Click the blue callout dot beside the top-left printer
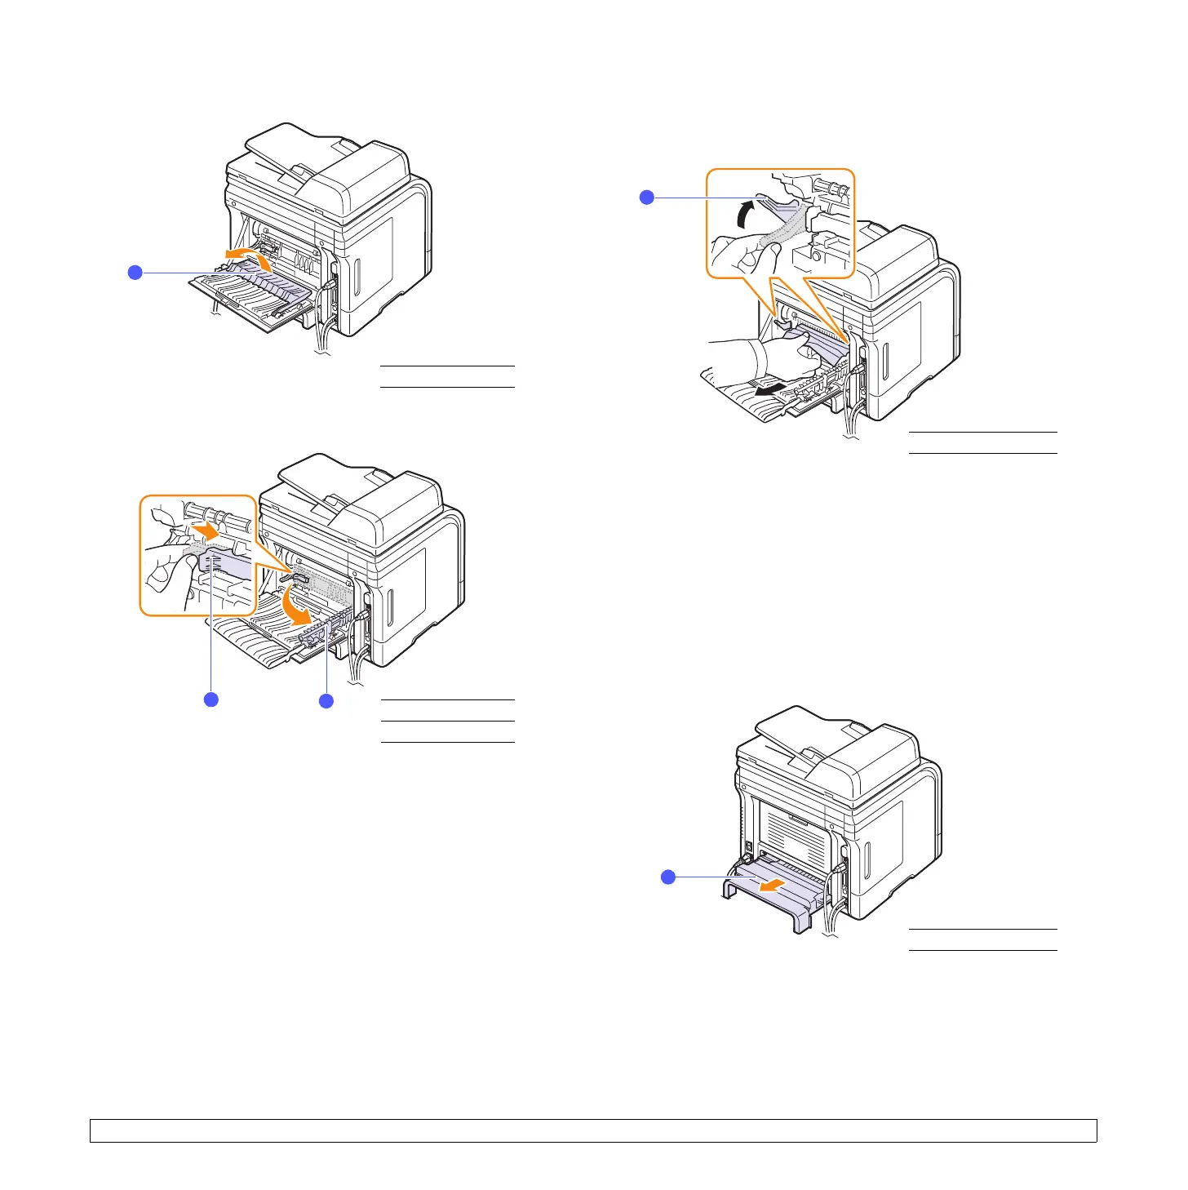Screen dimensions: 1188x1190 pos(135,273)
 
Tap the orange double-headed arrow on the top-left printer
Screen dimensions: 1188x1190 pos(248,257)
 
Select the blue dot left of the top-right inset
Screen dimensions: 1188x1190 pos(647,197)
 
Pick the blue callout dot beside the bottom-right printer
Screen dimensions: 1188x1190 pos(667,877)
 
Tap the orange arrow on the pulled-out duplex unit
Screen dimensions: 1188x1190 pos(769,886)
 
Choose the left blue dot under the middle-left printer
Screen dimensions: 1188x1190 pos(211,699)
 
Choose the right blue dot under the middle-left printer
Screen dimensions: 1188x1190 pos(326,700)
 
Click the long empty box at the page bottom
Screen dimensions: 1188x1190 pos(593,1130)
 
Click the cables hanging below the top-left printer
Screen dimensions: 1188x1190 pos(323,335)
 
